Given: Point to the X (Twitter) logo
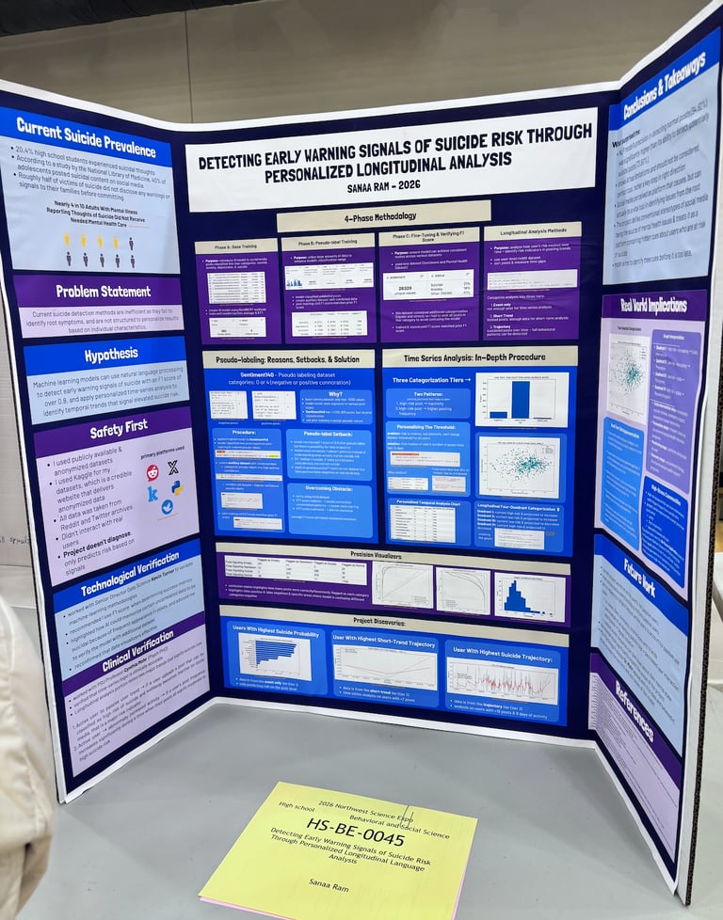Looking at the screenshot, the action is tap(173, 466).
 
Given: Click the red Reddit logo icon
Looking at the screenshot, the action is tap(153, 472).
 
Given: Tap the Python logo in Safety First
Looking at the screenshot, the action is tap(176, 486).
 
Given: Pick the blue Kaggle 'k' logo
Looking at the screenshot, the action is tap(153, 493).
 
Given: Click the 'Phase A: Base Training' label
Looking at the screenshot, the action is tap(235, 246).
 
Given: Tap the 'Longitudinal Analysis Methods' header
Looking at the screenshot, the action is tap(532, 230).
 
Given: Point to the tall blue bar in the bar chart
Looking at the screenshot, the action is tap(520, 398).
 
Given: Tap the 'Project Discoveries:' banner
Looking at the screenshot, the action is tap(394, 622).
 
